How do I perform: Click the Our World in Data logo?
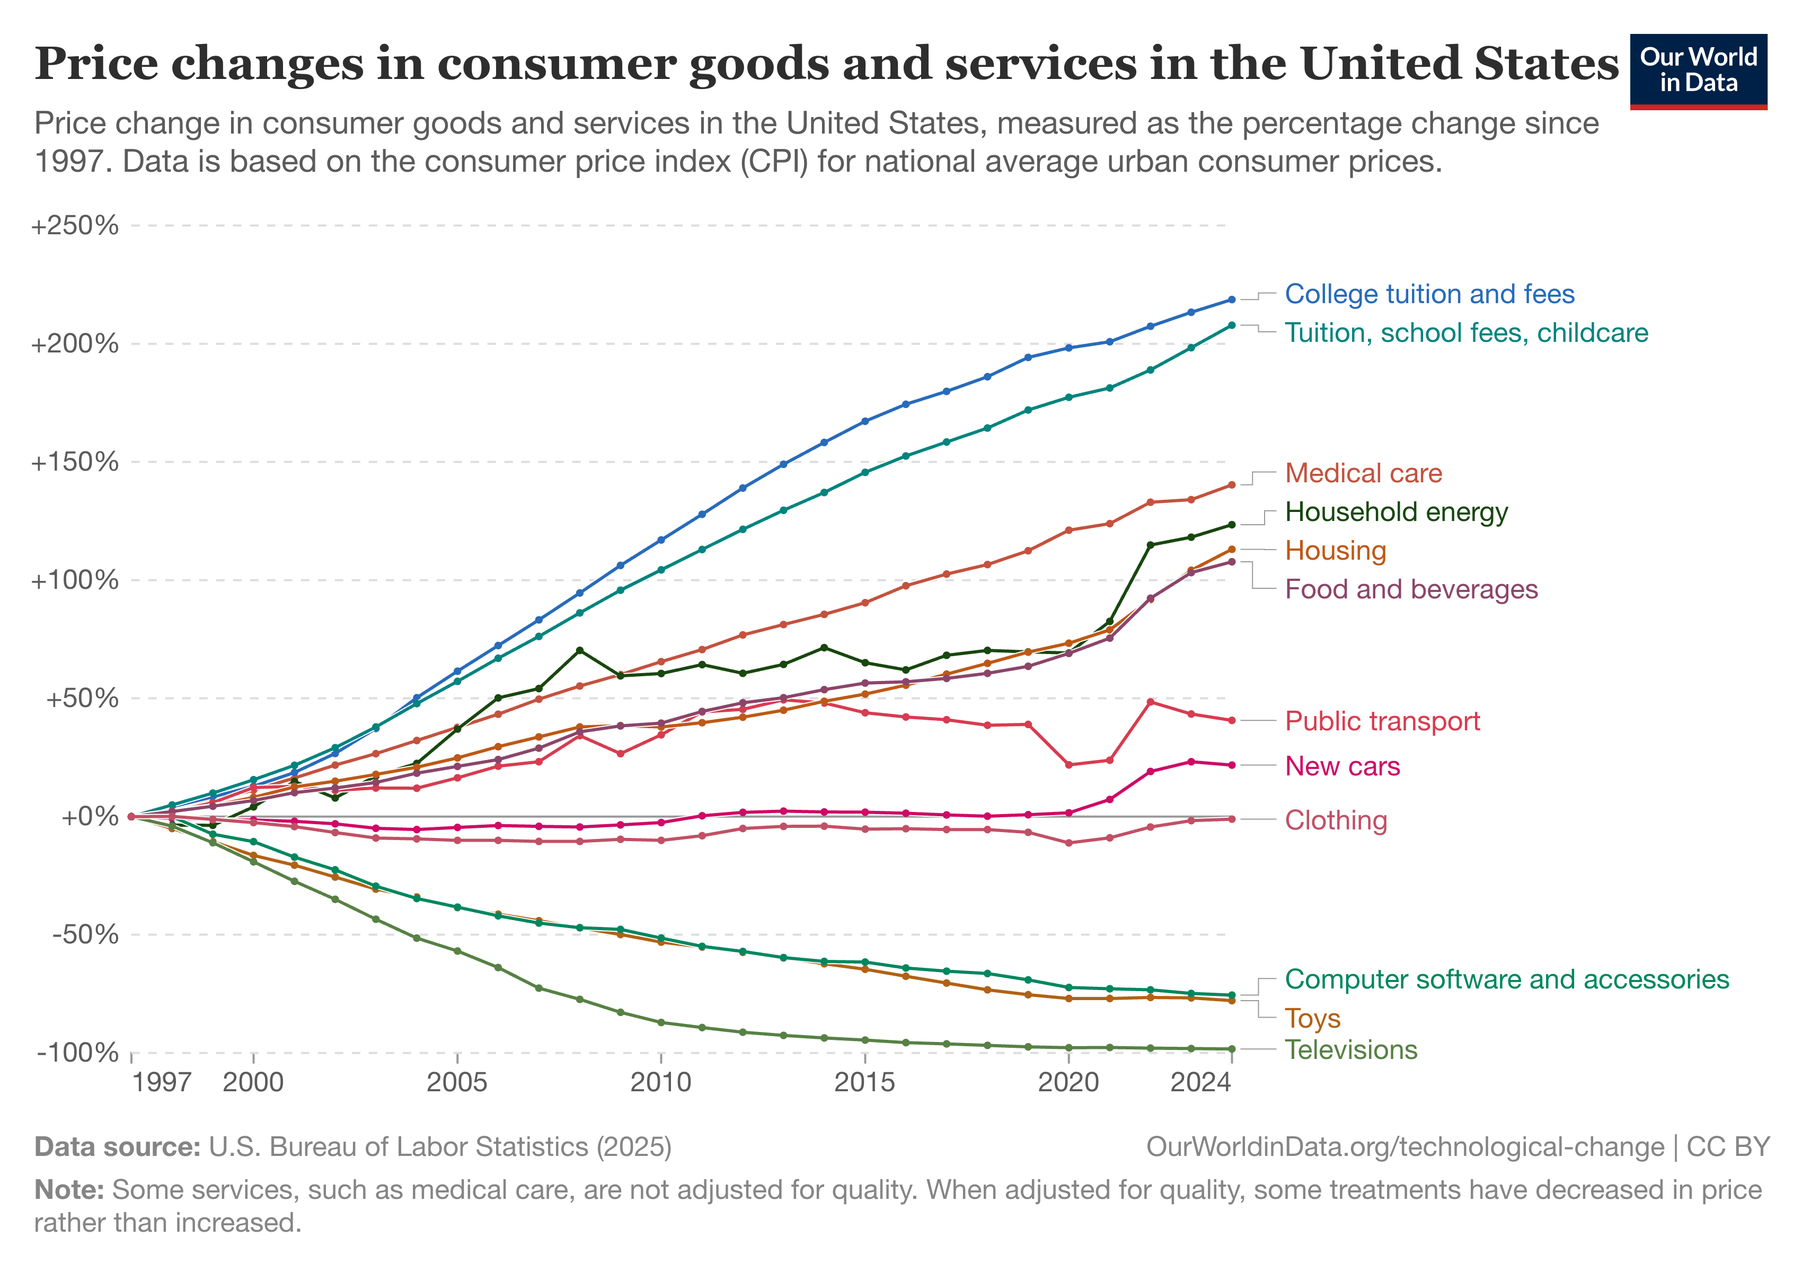coord(1698,70)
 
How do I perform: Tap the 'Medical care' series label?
coord(1363,473)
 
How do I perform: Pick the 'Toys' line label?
coord(1312,1019)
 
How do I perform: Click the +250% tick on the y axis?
coord(75,226)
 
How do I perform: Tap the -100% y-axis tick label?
coord(77,1052)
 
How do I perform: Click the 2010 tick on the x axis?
coord(661,1083)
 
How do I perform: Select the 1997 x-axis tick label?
coord(162,1083)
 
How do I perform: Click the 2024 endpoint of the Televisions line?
coord(1231,1049)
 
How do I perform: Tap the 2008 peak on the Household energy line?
coord(579,650)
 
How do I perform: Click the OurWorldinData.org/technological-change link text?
coord(1405,1147)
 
